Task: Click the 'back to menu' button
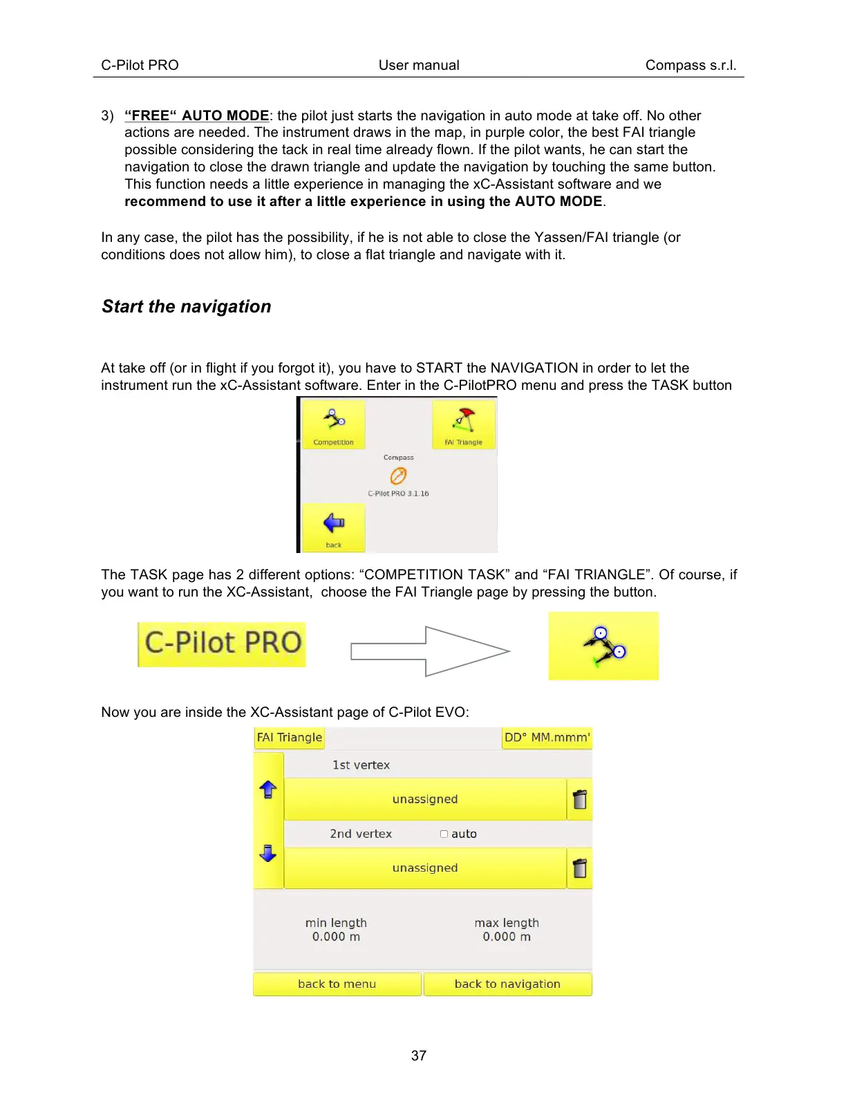click(337, 984)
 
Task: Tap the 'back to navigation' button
click(507, 984)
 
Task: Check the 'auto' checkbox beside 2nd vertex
click(444, 834)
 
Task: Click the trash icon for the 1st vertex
click(580, 799)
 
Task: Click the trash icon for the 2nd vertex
click(580, 868)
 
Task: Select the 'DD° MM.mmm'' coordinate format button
click(547, 738)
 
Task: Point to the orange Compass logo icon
click(398, 476)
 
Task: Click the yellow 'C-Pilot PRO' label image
click(222, 644)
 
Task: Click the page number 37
click(419, 1056)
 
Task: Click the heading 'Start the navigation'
click(187, 306)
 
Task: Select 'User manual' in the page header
click(419, 65)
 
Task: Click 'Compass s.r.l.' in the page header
click(690, 65)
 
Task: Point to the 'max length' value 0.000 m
click(507, 937)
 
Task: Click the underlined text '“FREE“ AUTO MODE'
click(197, 115)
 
